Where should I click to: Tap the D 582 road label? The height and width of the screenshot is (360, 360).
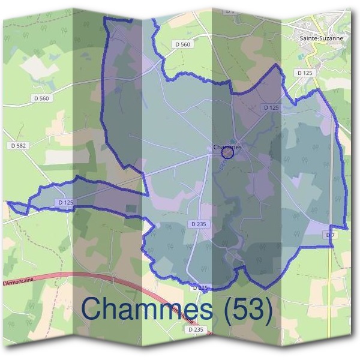click(x=20, y=146)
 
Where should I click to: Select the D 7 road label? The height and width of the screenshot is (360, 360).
click(x=329, y=235)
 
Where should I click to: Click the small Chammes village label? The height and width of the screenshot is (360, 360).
click(x=227, y=146)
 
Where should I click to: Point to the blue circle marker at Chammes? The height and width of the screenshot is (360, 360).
click(x=227, y=154)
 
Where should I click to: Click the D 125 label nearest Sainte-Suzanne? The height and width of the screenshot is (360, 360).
click(x=305, y=73)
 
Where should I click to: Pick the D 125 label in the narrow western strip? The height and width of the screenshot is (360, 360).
click(x=66, y=203)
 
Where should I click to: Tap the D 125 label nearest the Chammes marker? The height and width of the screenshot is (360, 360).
click(x=271, y=107)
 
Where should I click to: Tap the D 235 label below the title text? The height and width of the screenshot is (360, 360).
click(x=196, y=329)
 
